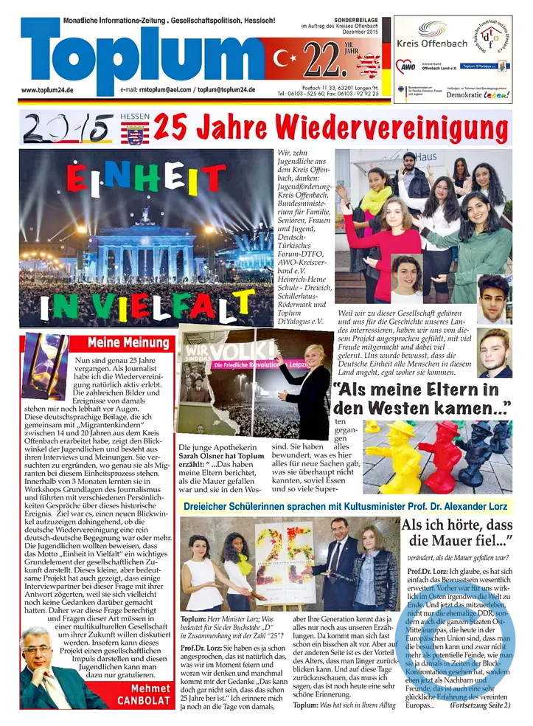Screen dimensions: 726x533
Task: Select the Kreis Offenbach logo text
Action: [x=431, y=45]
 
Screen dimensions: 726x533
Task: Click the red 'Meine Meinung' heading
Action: [x=128, y=342]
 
